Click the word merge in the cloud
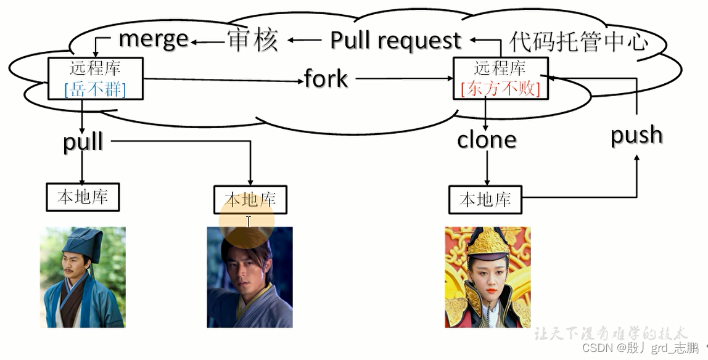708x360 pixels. pyautogui.click(x=153, y=39)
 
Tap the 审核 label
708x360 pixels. pyautogui.click(x=252, y=39)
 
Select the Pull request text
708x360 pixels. pyautogui.click(x=395, y=41)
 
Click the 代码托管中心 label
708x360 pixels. pyautogui.click(x=578, y=42)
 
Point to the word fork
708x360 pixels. pyautogui.click(x=326, y=79)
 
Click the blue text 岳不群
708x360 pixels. pyautogui.click(x=95, y=90)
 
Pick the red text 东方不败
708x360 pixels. pyautogui.click(x=500, y=89)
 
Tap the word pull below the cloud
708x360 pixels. pyautogui.click(x=83, y=141)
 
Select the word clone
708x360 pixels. pyautogui.click(x=486, y=141)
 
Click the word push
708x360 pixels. pyautogui.click(x=636, y=135)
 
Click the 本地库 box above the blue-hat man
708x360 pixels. pyautogui.click(x=83, y=197)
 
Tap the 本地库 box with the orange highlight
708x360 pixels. pyautogui.click(x=250, y=199)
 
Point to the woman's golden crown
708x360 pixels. pyautogui.click(x=487, y=243)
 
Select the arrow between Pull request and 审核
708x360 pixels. pyautogui.click(x=305, y=41)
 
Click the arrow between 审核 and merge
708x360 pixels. pyautogui.click(x=206, y=41)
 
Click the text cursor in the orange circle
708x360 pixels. pyautogui.click(x=248, y=221)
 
